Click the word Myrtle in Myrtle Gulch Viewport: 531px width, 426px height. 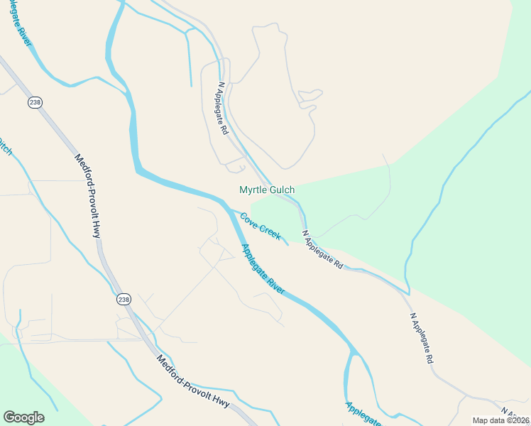pyautogui.click(x=252, y=190)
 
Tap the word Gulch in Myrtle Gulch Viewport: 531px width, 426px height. pyautogui.click(x=280, y=190)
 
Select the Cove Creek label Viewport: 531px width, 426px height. pyautogui.click(x=260, y=226)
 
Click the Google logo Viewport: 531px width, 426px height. pyautogui.click(x=23, y=417)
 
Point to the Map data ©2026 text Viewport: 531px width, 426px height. pyautogui.click(x=501, y=420)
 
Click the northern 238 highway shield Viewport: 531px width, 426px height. pyautogui.click(x=34, y=103)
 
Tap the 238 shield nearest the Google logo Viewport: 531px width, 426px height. pyautogui.click(x=124, y=300)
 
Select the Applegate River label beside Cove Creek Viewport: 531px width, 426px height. pyautogui.click(x=263, y=269)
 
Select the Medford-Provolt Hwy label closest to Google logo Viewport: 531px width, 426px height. pyautogui.click(x=193, y=382)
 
